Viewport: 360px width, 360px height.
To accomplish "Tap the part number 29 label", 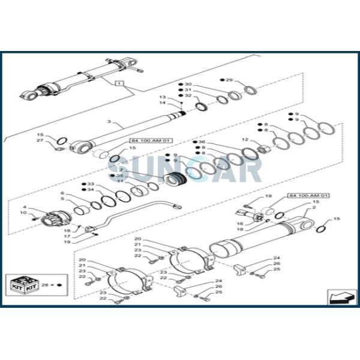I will (229, 80).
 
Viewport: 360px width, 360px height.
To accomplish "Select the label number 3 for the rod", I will (109, 122).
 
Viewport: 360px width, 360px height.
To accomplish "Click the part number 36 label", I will (203, 141).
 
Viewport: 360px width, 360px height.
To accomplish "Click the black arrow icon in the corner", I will (338, 296).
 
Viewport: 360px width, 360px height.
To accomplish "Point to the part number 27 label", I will (40, 140).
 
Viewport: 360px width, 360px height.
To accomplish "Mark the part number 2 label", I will (314, 208).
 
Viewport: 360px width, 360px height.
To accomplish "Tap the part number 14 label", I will (161, 103).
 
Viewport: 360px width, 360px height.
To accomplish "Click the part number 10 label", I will (40, 213).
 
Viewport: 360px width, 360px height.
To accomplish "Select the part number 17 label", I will (68, 236).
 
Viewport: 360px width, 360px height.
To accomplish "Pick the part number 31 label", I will (188, 90).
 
